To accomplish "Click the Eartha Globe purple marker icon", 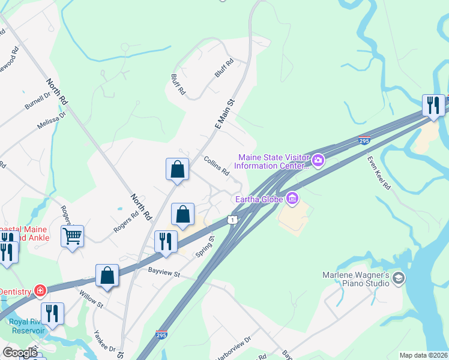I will (x=292, y=197).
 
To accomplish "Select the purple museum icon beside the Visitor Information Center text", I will (x=318, y=160).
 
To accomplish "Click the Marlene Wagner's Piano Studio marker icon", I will (x=399, y=278).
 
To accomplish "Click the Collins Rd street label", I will (x=217, y=166).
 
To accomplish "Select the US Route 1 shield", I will (x=231, y=220).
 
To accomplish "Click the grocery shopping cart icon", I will (x=72, y=236).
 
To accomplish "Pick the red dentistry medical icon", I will (x=40, y=292).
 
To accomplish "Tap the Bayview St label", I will (x=164, y=272).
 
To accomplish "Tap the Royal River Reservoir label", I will (x=26, y=326).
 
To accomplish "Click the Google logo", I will (x=20, y=353).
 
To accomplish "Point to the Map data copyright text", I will (x=423, y=355).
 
